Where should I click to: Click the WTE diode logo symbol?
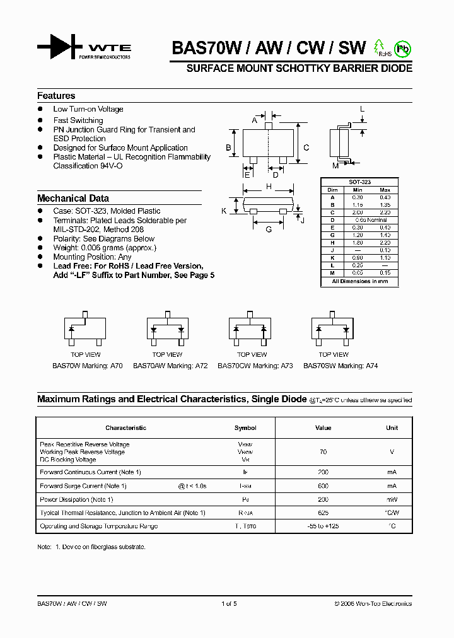tap(59, 47)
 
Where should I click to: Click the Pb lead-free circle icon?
tap(403, 48)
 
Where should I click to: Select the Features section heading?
tap(56, 96)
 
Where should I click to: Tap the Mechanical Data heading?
tap(73, 198)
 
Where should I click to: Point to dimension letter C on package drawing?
tap(306, 148)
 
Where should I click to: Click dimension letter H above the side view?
tap(269, 186)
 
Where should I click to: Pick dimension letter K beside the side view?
tap(224, 211)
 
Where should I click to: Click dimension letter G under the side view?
tap(269, 229)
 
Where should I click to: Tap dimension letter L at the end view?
tap(363, 109)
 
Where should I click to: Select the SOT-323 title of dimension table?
tap(360, 182)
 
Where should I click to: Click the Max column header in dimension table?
tap(385, 190)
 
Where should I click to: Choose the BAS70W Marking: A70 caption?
tap(88, 366)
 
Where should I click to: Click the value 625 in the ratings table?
tap(323, 513)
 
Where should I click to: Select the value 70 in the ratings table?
tap(323, 452)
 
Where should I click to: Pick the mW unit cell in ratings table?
tap(392, 499)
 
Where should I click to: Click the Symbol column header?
tap(245, 428)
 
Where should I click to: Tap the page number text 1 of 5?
tap(229, 604)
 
